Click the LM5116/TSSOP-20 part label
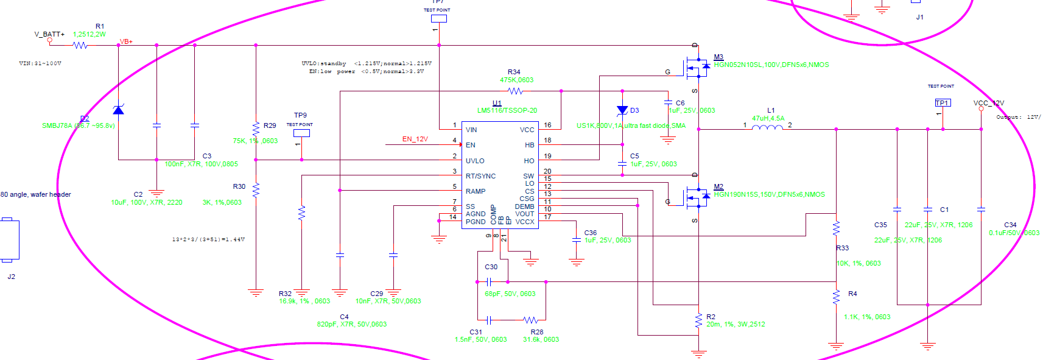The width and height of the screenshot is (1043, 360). (x=507, y=111)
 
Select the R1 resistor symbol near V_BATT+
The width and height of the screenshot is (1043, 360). (x=80, y=45)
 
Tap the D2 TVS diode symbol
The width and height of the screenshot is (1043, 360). (x=118, y=110)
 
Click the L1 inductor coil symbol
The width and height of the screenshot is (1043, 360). (x=767, y=128)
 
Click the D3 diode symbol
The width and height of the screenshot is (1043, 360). (x=622, y=111)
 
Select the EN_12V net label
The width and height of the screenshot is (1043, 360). (x=415, y=139)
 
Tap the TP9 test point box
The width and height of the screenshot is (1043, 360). (x=301, y=133)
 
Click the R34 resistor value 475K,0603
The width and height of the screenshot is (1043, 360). (x=516, y=80)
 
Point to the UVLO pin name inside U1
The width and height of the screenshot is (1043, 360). (x=475, y=161)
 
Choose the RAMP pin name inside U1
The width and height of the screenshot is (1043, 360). (x=476, y=191)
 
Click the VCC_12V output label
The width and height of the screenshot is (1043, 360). (x=988, y=103)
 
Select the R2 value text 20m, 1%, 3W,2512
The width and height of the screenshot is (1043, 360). (x=735, y=325)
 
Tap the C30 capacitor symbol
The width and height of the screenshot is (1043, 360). (x=489, y=281)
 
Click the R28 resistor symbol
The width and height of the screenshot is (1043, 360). (x=530, y=320)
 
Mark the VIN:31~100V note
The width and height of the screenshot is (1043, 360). (x=40, y=63)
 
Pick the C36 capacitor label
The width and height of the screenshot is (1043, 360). (x=590, y=233)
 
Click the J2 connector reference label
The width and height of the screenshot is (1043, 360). (x=11, y=277)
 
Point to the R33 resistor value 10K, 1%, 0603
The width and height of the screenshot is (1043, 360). (x=859, y=264)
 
